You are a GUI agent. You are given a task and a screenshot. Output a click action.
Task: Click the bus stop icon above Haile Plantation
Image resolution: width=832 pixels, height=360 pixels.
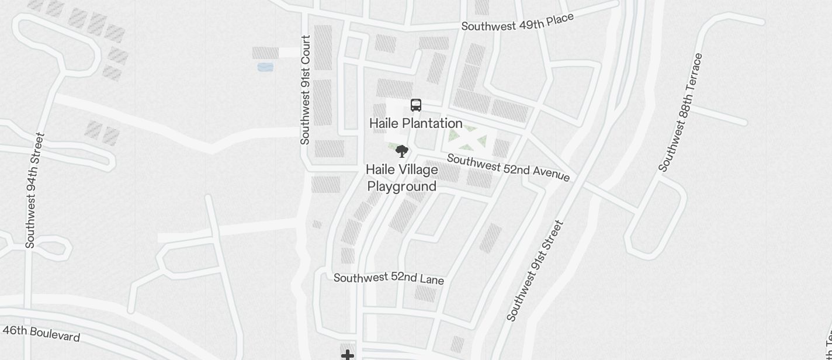pos(416,105)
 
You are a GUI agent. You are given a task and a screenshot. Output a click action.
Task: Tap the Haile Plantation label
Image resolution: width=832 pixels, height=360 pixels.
pos(416,123)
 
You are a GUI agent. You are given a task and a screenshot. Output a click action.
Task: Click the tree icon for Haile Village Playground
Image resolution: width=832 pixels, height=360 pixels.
pos(401,151)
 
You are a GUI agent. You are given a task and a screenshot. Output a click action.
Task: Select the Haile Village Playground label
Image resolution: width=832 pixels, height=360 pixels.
pos(402,178)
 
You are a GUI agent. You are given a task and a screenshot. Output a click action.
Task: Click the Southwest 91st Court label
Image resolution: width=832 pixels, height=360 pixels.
pos(305,90)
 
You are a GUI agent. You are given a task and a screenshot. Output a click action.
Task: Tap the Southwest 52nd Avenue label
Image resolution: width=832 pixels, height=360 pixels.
pos(508,167)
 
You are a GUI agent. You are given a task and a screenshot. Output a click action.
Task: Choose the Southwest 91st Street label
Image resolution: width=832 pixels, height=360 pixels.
pos(535,271)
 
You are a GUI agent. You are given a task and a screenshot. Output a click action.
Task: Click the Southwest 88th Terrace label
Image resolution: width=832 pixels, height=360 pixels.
pos(681,112)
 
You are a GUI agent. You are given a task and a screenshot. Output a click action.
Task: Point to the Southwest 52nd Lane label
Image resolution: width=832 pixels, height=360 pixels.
pos(389,278)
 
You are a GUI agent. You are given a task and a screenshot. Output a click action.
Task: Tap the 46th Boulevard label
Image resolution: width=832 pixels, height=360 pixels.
pos(41,333)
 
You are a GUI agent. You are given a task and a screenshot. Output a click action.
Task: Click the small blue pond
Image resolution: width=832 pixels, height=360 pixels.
pos(265,67)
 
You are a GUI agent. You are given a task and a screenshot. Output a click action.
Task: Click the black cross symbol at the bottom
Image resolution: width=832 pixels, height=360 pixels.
pos(348,355)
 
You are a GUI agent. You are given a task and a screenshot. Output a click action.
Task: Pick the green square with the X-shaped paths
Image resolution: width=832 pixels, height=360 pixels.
pos(467,139)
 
